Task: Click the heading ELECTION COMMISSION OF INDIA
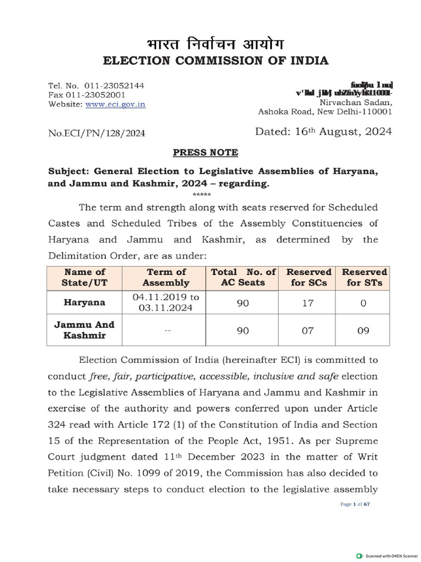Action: [x=210, y=61]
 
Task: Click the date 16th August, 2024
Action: [x=323, y=132]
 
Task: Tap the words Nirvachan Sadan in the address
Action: [x=355, y=103]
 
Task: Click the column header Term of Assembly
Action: [x=166, y=277]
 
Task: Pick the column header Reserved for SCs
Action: [x=309, y=277]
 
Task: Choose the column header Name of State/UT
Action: [x=84, y=277]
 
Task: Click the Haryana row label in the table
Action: [x=84, y=302]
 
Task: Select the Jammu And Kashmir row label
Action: [x=84, y=330]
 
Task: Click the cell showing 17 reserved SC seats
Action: [x=309, y=302]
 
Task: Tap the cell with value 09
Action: [x=365, y=330]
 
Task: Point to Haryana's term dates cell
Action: [x=166, y=302]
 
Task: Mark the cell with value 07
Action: [x=309, y=330]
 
